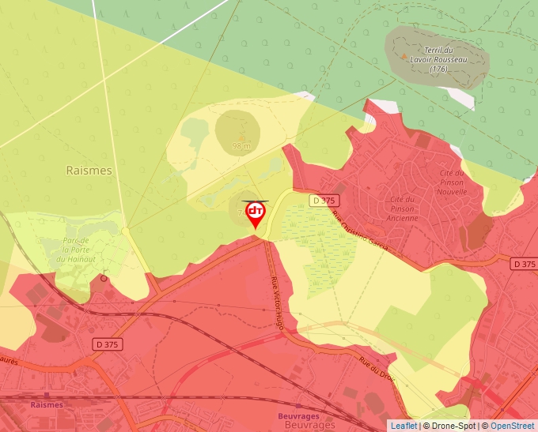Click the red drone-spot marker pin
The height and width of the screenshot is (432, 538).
(x=256, y=214)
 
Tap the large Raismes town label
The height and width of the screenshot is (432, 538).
(x=89, y=170)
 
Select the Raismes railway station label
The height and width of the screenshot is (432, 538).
(x=47, y=404)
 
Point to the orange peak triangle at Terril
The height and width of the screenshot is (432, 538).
(x=405, y=56)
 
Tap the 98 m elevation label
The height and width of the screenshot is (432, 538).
(x=241, y=146)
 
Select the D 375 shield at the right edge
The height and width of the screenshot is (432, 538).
(x=523, y=264)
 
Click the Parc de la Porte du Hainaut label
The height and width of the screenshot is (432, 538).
(x=70, y=250)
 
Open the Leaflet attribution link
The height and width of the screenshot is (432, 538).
(x=403, y=426)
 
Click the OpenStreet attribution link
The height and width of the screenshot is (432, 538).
(x=513, y=426)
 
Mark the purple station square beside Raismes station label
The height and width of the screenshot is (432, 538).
(x=47, y=394)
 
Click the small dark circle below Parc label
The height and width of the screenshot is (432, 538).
(x=104, y=278)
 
